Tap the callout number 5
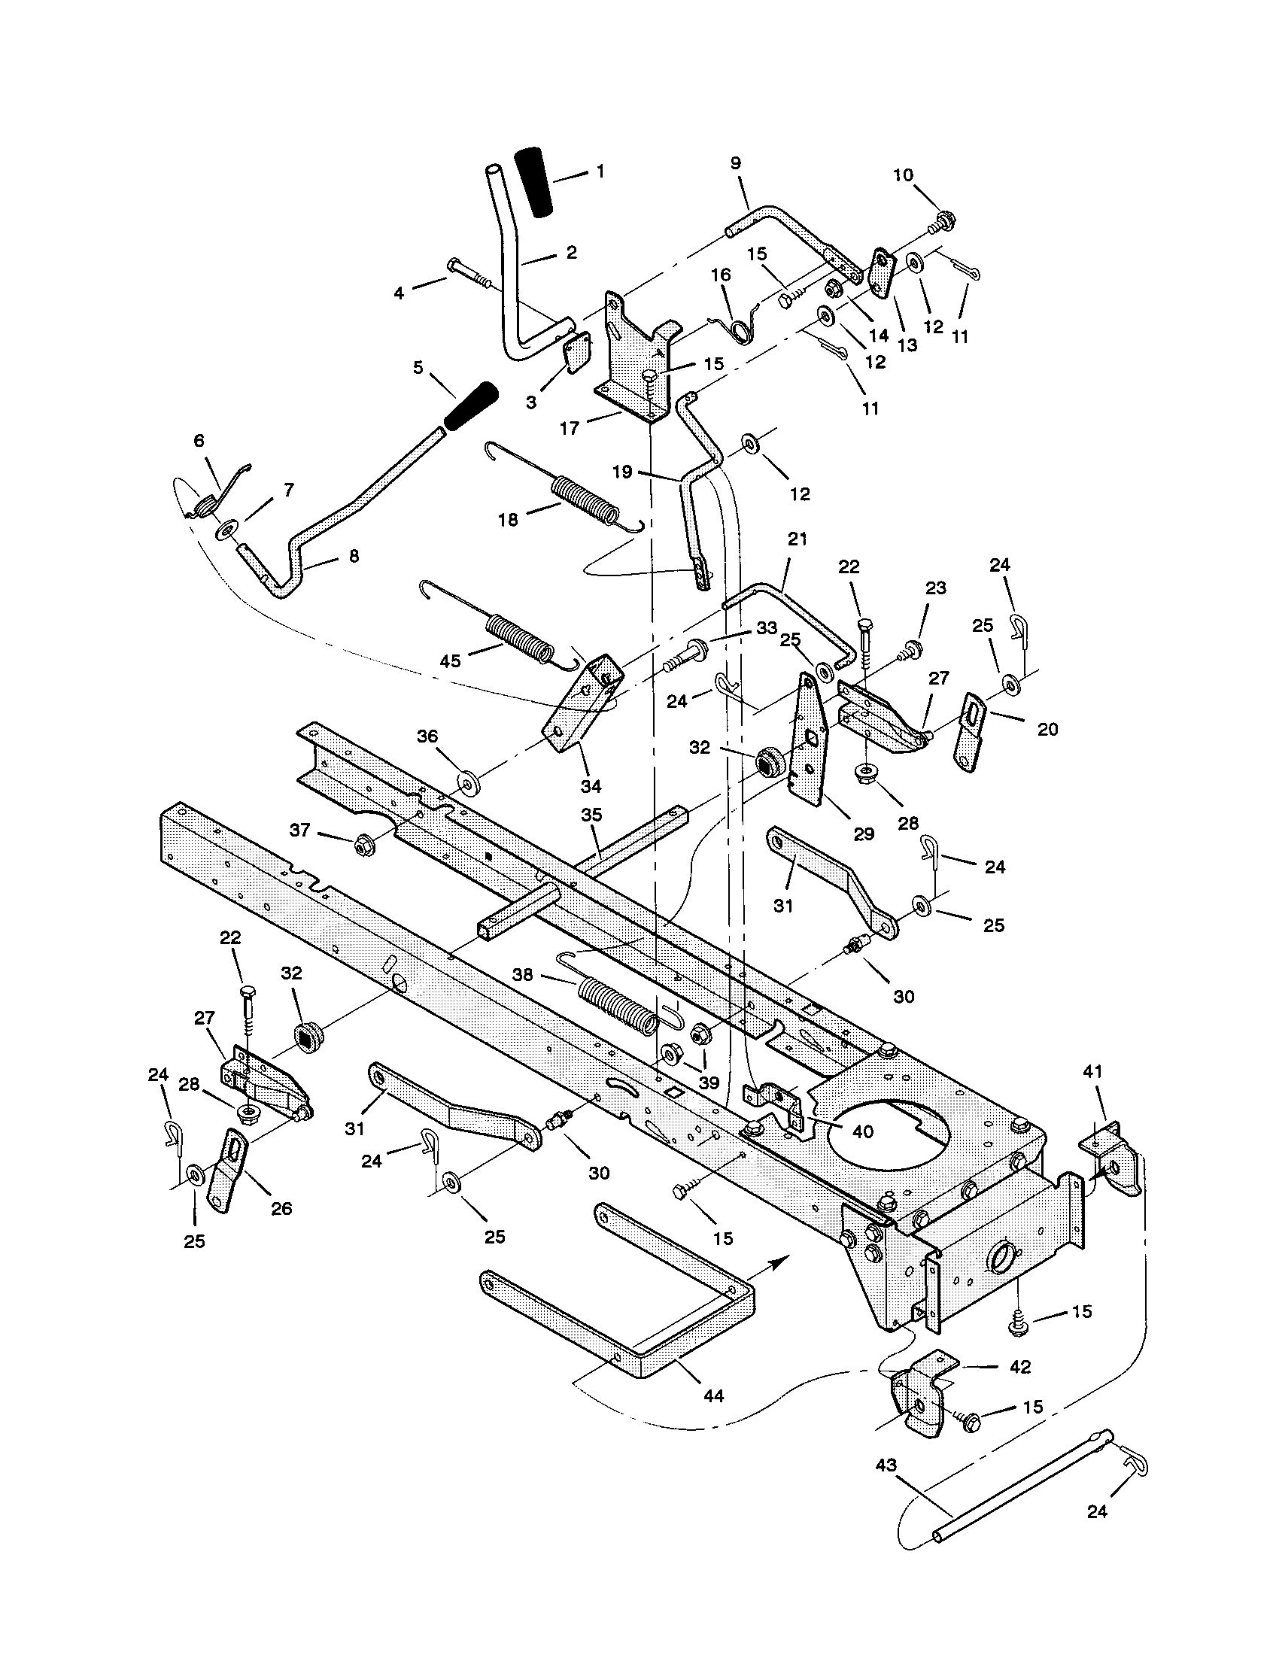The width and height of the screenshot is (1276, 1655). [x=418, y=368]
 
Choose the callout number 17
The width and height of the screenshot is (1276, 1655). [x=569, y=428]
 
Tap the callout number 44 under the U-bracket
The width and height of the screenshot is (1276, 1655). [x=713, y=1395]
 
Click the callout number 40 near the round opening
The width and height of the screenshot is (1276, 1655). [x=863, y=1131]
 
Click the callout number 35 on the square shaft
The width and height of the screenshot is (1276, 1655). [x=591, y=815]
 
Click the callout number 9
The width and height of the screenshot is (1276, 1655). [x=736, y=163]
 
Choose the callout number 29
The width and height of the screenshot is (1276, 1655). [x=863, y=834]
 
